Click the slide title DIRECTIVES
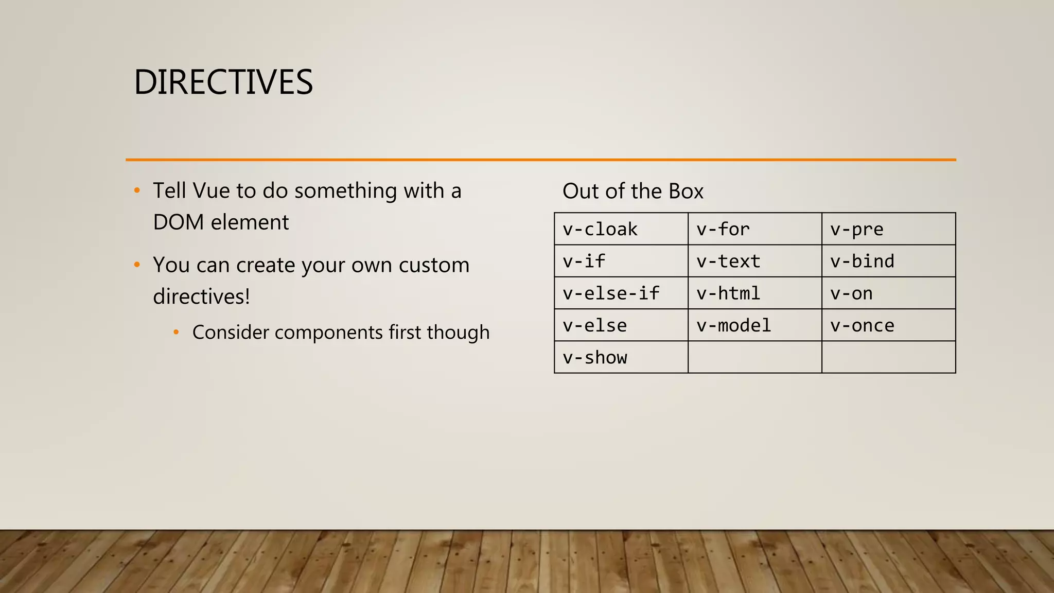[223, 82]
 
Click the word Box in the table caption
[686, 191]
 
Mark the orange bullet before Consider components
[176, 333]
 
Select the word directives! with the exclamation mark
[201, 297]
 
